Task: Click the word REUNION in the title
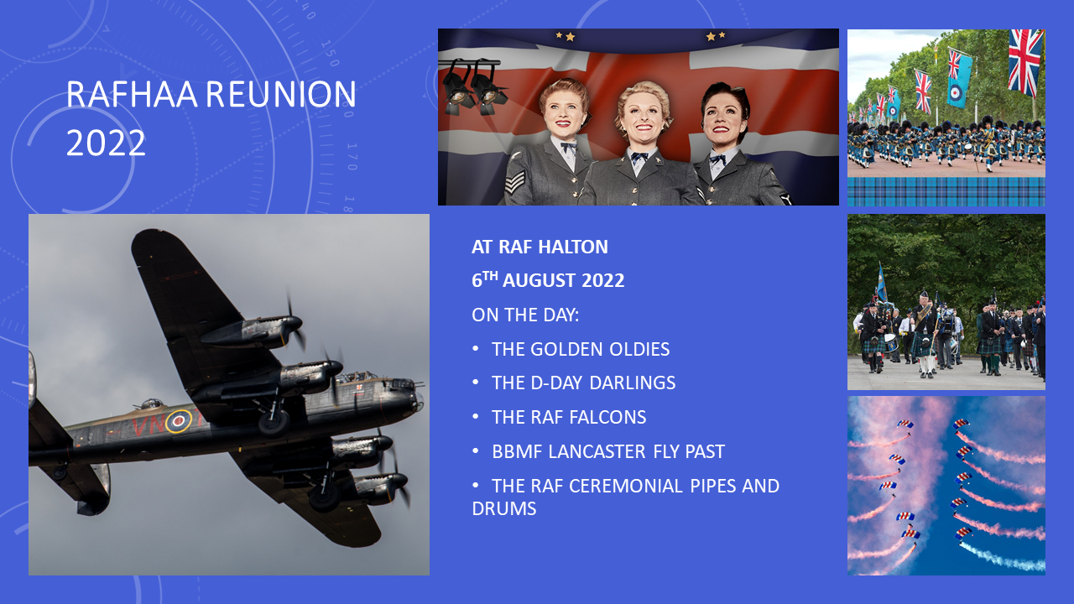pyautogui.click(x=281, y=94)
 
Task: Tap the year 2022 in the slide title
pyautogui.click(x=106, y=143)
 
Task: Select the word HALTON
pyautogui.click(x=573, y=247)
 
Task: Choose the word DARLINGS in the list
pyautogui.click(x=632, y=383)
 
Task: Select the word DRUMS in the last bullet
pyautogui.click(x=504, y=508)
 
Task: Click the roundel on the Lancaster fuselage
pyautogui.click(x=178, y=421)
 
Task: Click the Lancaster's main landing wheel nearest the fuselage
pyautogui.click(x=274, y=422)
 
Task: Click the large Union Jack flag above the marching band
pyautogui.click(x=1025, y=61)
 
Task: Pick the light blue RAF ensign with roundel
pyautogui.click(x=959, y=78)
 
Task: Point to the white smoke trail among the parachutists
pyautogui.click(x=1001, y=558)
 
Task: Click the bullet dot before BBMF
pyautogui.click(x=476, y=451)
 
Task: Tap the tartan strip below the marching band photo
pyautogui.click(x=946, y=192)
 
